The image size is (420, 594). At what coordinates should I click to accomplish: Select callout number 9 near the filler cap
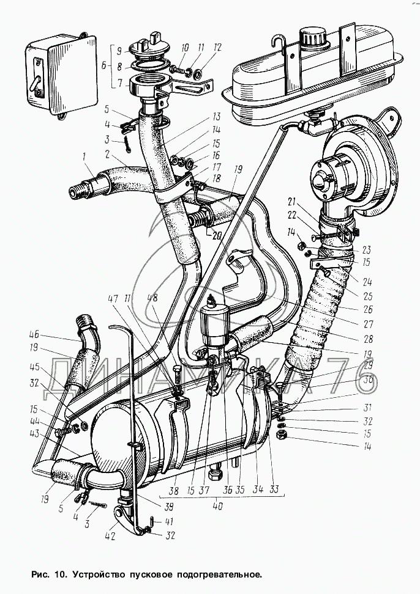coord(120,49)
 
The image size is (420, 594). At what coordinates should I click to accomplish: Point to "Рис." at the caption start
coord(40,575)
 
